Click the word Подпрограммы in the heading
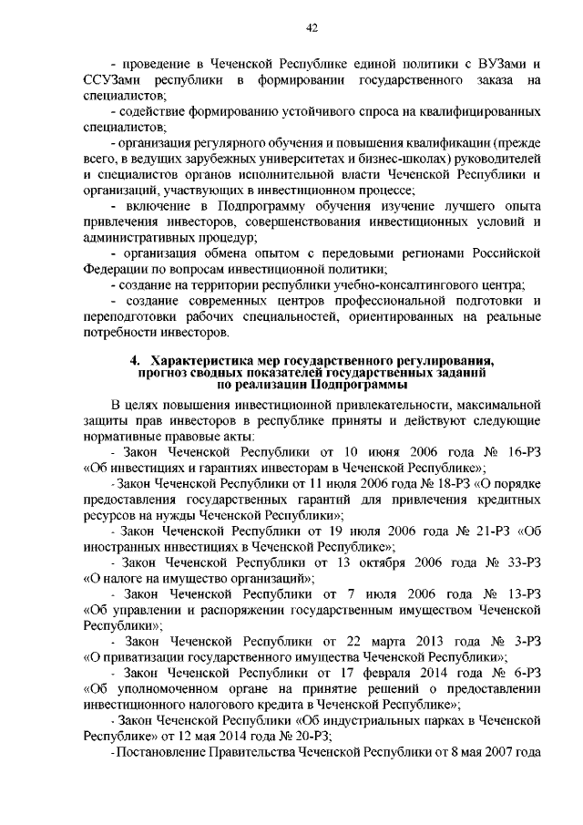pyautogui.click(x=367, y=386)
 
